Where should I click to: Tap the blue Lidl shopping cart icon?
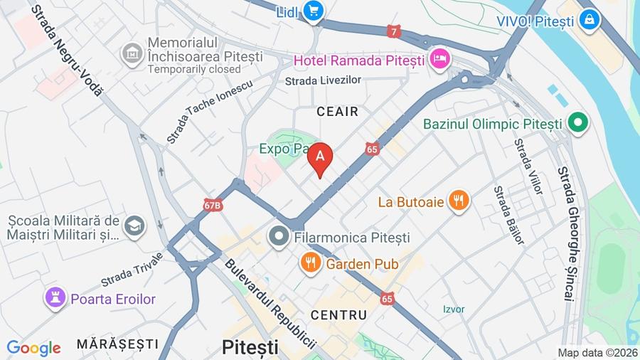[x=312, y=11]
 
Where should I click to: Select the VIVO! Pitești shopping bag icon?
[x=589, y=21]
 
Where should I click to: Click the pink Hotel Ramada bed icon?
[x=439, y=59]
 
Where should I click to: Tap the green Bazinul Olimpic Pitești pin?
[x=578, y=124]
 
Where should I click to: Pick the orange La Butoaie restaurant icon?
[x=459, y=201]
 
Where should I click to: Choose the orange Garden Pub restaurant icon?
[x=310, y=263]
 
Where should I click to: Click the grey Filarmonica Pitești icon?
[x=279, y=236]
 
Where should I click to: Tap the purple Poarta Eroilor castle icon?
[x=55, y=299]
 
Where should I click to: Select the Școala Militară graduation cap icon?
[x=133, y=226]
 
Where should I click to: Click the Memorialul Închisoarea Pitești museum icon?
[x=132, y=53]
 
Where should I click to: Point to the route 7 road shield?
[x=394, y=31]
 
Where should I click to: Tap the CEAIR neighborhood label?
[x=337, y=112]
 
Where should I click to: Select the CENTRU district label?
[x=339, y=314]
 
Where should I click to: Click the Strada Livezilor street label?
[x=323, y=81]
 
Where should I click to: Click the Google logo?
[x=33, y=348]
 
